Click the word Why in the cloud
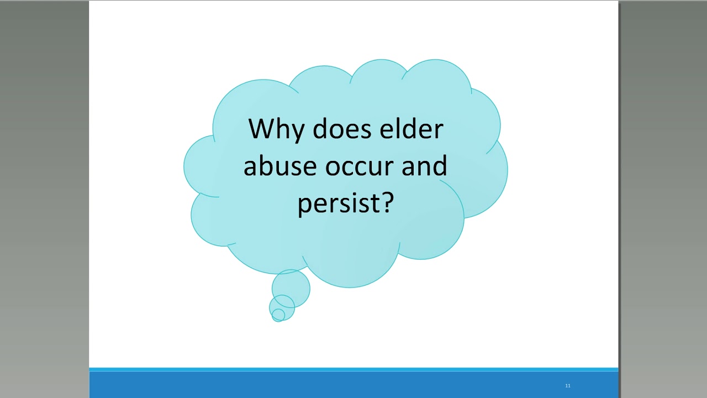tap(274, 129)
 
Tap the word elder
tap(411, 129)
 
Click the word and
tap(424, 166)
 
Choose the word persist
tap(337, 203)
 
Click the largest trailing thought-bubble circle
tap(291, 288)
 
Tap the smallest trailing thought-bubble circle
tap(278, 315)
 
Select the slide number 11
tap(567, 386)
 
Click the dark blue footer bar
tap(353, 385)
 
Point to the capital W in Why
tap(261, 129)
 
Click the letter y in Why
tap(296, 132)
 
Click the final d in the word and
tap(440, 165)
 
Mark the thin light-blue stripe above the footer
tap(353, 369)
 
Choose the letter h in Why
tap(281, 129)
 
